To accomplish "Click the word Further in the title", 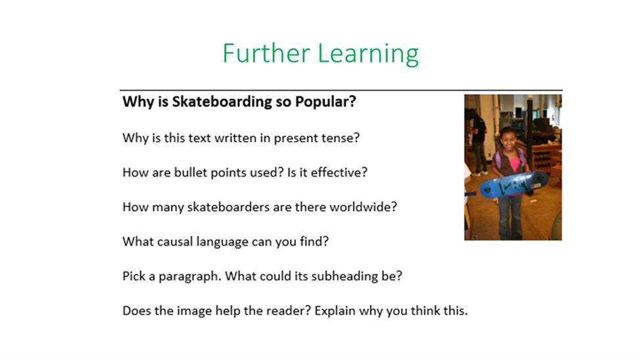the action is pos(266,53).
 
